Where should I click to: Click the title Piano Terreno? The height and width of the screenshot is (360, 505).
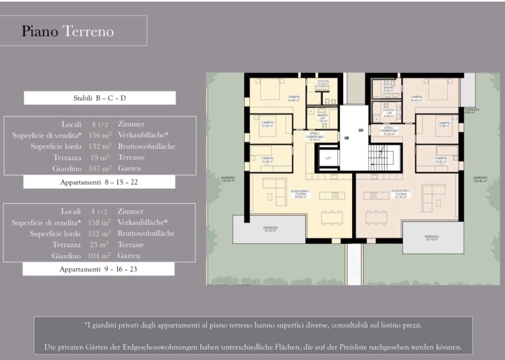click(x=68, y=31)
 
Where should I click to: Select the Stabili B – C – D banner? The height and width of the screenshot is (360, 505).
click(x=100, y=98)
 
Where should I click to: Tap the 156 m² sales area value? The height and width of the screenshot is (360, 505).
click(x=100, y=135)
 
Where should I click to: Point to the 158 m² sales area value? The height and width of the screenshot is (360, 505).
click(x=99, y=223)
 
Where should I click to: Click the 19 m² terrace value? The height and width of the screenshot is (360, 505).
click(x=100, y=157)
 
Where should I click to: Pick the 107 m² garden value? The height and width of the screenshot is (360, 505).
click(x=100, y=169)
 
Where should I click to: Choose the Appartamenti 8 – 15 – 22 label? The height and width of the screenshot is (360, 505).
click(x=99, y=182)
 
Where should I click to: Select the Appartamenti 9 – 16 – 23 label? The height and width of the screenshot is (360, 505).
click(x=98, y=269)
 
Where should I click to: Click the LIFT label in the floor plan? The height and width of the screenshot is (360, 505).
click(x=328, y=158)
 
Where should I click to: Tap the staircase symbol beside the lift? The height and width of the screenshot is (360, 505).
click(x=380, y=158)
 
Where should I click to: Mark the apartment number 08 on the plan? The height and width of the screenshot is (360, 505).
click(x=347, y=138)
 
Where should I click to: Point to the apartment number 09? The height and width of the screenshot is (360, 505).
click(x=361, y=130)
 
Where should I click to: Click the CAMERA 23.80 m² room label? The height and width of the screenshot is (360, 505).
click(x=294, y=98)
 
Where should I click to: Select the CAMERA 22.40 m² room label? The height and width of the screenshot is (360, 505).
click(x=416, y=98)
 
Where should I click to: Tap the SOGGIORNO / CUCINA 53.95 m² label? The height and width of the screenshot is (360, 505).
click(x=300, y=194)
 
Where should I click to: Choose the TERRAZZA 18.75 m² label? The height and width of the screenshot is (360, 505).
click(x=270, y=229)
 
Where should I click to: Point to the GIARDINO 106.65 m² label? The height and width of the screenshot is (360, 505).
click(x=228, y=179)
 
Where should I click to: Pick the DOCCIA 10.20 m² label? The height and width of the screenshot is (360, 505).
click(x=323, y=82)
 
